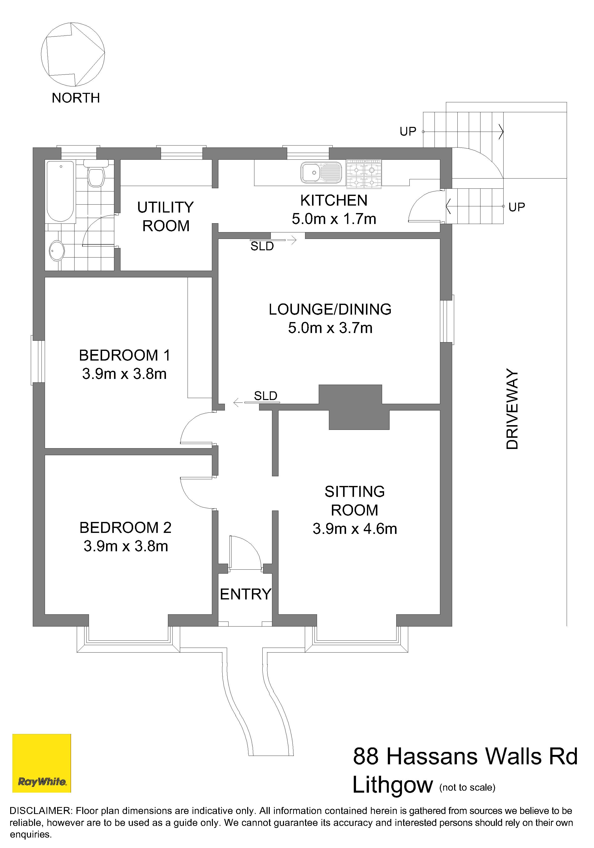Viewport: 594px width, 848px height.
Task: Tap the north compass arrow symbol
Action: coord(73,54)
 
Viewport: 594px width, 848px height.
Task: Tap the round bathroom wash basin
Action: coord(57,251)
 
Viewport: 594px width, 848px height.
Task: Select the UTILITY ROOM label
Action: coord(165,217)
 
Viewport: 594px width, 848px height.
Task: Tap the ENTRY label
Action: coord(246,594)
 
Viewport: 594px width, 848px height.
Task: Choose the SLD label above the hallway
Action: coord(266,396)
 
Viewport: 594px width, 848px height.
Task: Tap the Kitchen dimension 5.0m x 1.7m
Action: coord(334,219)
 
